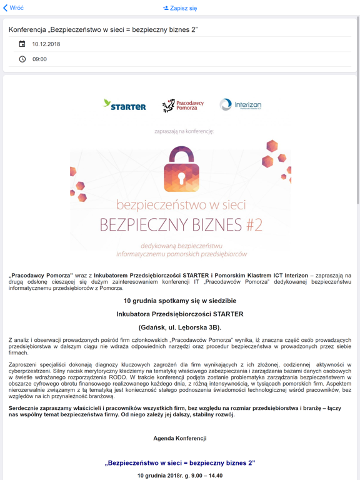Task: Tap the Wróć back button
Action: (x=14, y=8)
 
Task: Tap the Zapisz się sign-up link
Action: (x=180, y=9)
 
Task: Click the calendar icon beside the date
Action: (x=22, y=44)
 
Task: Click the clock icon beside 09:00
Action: (x=22, y=59)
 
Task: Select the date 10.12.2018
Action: (x=46, y=44)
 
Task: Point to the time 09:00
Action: (x=39, y=59)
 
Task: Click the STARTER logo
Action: (x=124, y=105)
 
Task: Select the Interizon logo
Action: (x=241, y=105)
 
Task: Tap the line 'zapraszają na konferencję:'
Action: (x=184, y=131)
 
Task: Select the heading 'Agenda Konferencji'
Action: (x=180, y=438)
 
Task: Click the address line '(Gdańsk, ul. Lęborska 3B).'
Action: (x=180, y=327)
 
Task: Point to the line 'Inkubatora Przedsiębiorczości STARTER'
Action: (x=180, y=314)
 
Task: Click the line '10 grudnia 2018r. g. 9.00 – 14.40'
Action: (x=180, y=476)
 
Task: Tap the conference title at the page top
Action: (x=103, y=29)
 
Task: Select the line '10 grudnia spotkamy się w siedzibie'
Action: (x=180, y=301)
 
